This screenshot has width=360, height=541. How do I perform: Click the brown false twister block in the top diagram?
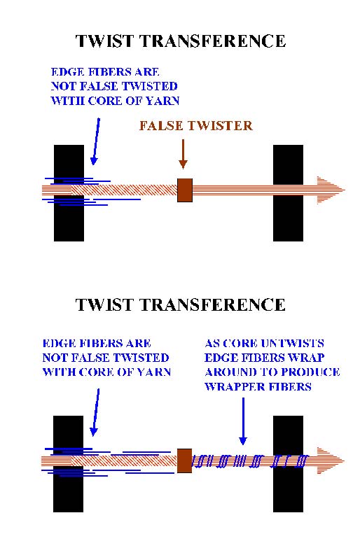click(185, 190)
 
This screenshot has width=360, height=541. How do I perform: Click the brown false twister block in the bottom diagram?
click(184, 461)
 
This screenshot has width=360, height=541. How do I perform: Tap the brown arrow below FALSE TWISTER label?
click(183, 154)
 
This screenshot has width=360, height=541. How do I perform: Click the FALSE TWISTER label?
click(195, 125)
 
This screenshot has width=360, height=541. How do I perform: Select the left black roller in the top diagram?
click(69, 193)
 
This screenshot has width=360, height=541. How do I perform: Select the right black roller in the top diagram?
click(288, 193)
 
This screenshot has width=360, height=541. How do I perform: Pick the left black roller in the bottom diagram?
click(69, 464)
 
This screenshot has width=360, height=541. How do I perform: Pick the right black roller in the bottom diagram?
click(288, 464)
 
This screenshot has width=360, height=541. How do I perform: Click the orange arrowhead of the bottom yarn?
click(331, 461)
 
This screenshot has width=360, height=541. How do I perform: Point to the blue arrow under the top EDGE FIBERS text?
click(96, 141)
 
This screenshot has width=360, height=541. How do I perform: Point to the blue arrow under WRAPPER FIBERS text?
click(243, 421)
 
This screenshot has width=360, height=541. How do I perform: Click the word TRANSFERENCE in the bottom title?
click(214, 305)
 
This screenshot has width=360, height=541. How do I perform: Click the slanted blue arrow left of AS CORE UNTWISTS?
click(96, 412)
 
